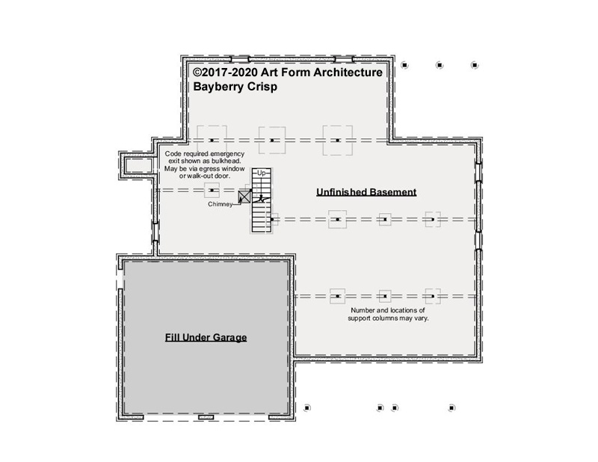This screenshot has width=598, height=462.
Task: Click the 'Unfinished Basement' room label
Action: click(366, 192)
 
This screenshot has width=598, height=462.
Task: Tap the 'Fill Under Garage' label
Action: click(206, 338)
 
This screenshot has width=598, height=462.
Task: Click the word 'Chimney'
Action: click(220, 204)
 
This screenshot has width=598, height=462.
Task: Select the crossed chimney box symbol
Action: click(244, 197)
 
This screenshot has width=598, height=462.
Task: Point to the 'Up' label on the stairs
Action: click(261, 173)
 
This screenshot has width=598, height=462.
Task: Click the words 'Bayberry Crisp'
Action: click(235, 87)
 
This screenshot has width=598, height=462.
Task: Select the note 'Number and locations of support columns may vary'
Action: click(388, 314)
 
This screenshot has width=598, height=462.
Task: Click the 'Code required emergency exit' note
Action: click(204, 164)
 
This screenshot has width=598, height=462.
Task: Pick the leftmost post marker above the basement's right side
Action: click(404, 65)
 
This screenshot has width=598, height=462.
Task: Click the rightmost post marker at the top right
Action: click(475, 65)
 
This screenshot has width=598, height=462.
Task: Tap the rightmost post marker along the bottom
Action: click(451, 408)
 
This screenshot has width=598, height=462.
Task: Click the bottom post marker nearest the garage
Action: click(307, 408)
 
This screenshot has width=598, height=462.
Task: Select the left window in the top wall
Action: click(241, 59)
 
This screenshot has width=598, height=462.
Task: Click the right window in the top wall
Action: click(344, 59)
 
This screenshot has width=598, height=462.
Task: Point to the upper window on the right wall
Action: click(478, 172)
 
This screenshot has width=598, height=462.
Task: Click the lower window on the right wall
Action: click(478, 241)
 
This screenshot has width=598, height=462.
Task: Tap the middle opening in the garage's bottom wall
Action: click(206, 417)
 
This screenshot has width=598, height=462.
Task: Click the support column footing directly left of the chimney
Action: click(212, 190)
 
